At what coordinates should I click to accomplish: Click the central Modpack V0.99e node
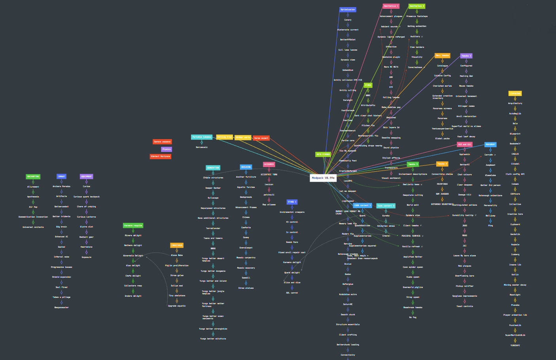click(x=323, y=178)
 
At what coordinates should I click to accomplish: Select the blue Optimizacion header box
click(x=348, y=9)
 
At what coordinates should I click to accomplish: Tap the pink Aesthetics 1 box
click(x=391, y=6)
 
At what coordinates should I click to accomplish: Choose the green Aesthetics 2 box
click(x=417, y=6)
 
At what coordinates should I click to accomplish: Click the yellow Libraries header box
click(x=515, y=93)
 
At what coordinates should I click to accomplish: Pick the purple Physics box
click(x=166, y=149)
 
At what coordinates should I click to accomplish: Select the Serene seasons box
click(x=162, y=142)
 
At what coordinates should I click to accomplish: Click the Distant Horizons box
click(x=161, y=156)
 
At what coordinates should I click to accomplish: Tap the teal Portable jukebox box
click(x=202, y=137)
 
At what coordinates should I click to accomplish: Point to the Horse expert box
click(x=261, y=138)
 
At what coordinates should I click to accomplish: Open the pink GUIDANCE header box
click(x=269, y=164)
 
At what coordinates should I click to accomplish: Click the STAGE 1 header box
click(x=292, y=202)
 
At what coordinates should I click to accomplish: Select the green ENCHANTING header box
click(x=33, y=176)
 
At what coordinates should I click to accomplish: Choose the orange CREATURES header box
click(x=177, y=245)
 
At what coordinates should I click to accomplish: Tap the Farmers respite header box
click(x=133, y=225)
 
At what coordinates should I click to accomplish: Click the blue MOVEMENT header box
click(x=490, y=144)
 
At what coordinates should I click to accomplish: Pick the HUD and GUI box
click(x=465, y=144)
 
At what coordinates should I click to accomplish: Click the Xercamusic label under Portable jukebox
click(x=202, y=147)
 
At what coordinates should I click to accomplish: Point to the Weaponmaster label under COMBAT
click(x=61, y=307)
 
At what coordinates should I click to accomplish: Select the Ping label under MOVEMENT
click(x=490, y=225)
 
